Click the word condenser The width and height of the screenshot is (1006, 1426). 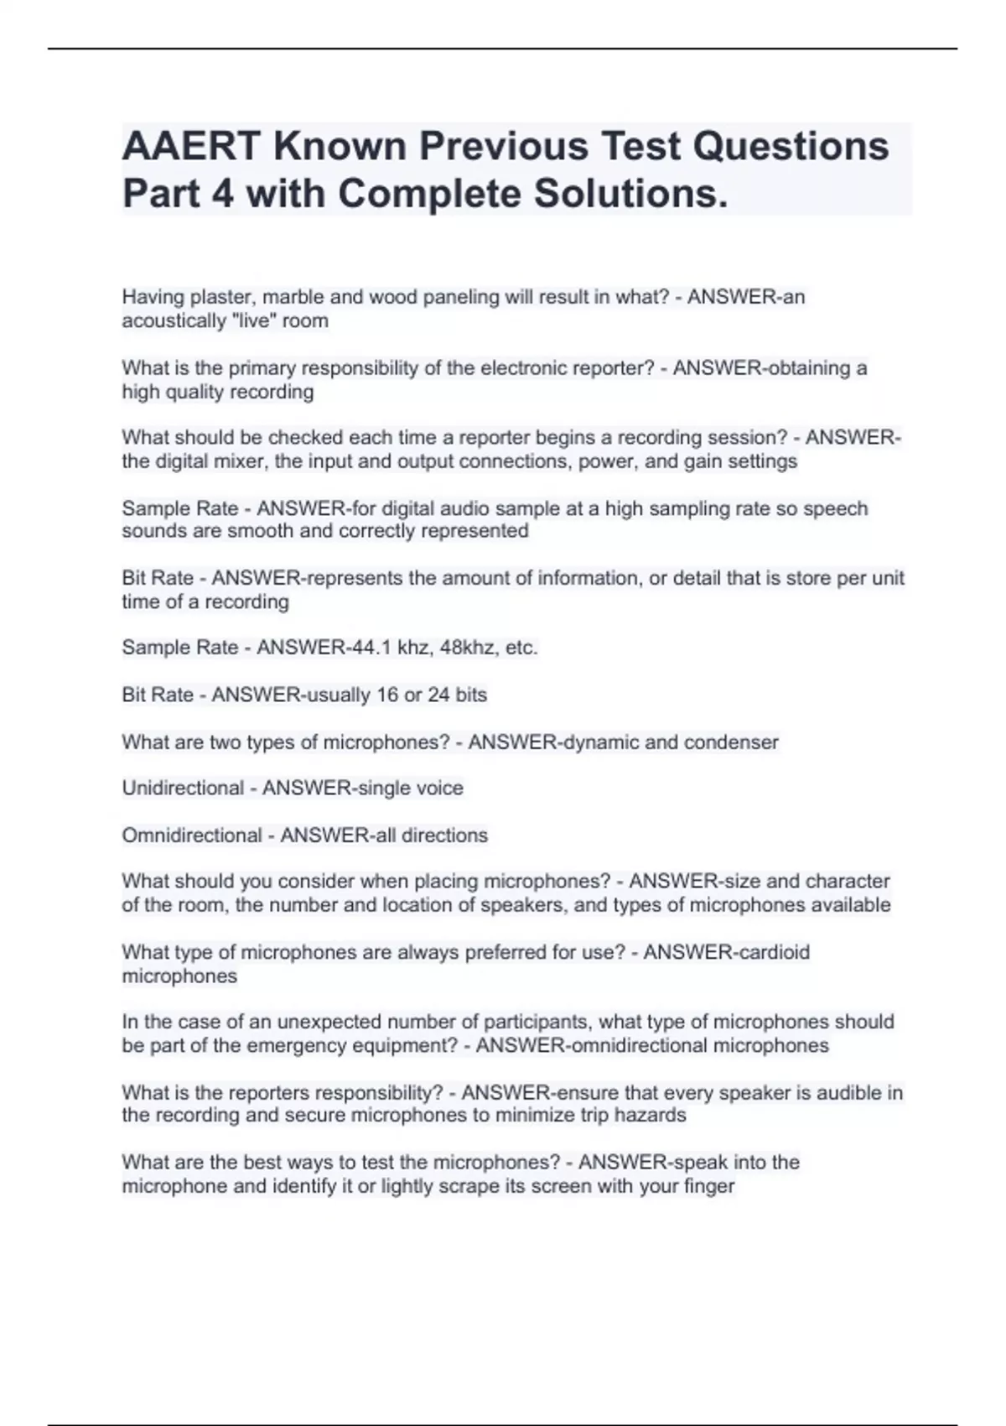[x=731, y=742]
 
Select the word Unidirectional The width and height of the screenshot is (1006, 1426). [x=183, y=788]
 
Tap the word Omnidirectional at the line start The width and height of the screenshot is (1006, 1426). [x=192, y=835]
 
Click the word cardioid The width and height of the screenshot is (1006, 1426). [x=769, y=953]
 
